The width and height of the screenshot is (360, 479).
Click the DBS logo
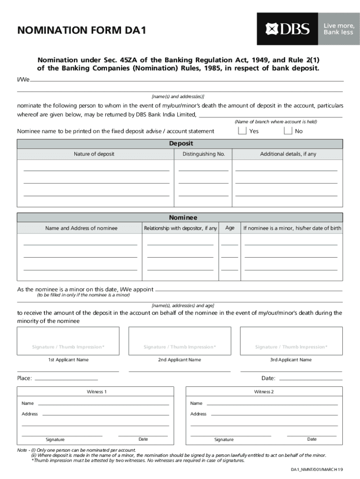(x=288, y=29)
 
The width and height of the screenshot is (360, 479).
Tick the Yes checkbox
(x=242, y=131)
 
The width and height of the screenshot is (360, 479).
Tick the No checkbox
(x=288, y=131)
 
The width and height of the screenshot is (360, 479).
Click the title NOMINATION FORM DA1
(x=82, y=31)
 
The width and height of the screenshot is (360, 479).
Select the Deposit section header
(x=180, y=144)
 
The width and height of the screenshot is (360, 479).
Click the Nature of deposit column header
(x=94, y=154)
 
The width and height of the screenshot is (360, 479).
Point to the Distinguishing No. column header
(x=203, y=154)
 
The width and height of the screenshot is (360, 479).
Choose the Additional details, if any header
(x=288, y=154)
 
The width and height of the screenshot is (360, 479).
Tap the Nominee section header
(x=183, y=218)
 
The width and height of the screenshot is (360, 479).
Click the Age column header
(x=230, y=228)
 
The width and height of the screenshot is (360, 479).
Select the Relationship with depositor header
(x=180, y=228)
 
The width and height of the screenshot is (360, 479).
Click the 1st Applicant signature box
(x=68, y=341)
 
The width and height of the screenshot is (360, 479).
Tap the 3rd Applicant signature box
(x=291, y=341)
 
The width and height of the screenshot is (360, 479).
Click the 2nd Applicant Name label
(x=180, y=360)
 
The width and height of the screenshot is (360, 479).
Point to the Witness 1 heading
(x=97, y=392)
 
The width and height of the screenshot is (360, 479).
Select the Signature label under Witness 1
(x=55, y=440)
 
